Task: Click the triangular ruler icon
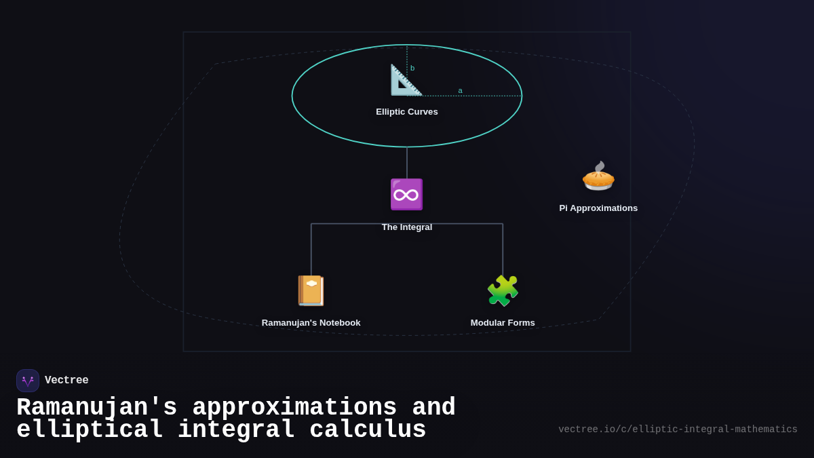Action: pyautogui.click(x=406, y=80)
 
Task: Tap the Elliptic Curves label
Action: pyautogui.click(x=407, y=112)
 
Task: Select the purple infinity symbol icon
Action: pyautogui.click(x=406, y=195)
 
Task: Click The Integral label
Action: pyautogui.click(x=407, y=227)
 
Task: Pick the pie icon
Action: pyautogui.click(x=598, y=176)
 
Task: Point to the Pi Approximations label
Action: pyautogui.click(x=598, y=208)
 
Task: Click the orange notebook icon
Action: pyautogui.click(x=311, y=290)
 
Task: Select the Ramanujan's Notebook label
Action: pyautogui.click(x=311, y=323)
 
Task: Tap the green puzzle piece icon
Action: pyautogui.click(x=503, y=290)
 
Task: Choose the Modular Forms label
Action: pyautogui.click(x=503, y=323)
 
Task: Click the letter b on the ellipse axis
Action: pyautogui.click(x=412, y=68)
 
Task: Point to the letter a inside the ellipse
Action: pyautogui.click(x=460, y=90)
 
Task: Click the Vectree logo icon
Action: pyautogui.click(x=28, y=381)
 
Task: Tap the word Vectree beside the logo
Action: pyautogui.click(x=66, y=381)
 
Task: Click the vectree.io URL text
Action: pyautogui.click(x=678, y=430)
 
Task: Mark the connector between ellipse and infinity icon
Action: pyautogui.click(x=407, y=163)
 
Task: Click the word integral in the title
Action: pyautogui.click(x=236, y=430)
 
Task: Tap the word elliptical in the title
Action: pyautogui.click(x=90, y=430)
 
